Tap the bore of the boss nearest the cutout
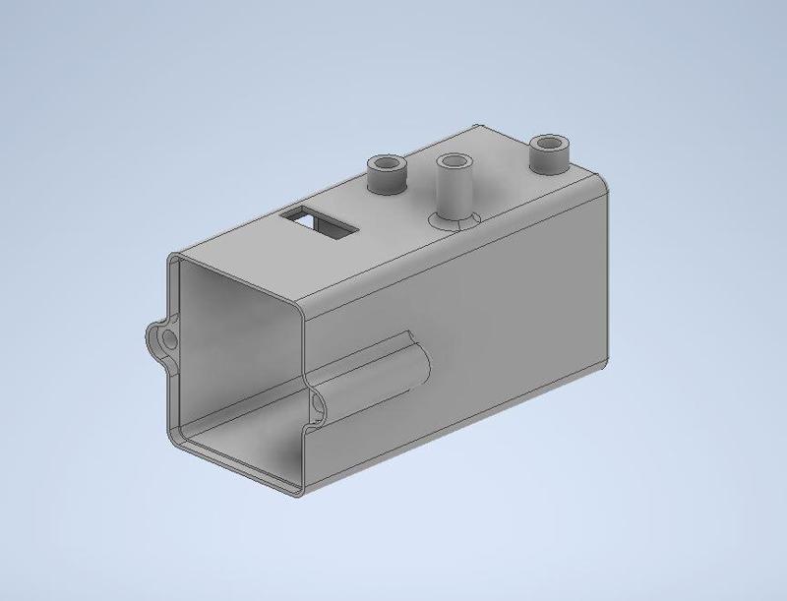point(387,163)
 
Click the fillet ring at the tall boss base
point(455,220)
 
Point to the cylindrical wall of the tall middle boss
point(454,192)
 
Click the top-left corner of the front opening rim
point(175,258)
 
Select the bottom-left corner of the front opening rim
point(177,438)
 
